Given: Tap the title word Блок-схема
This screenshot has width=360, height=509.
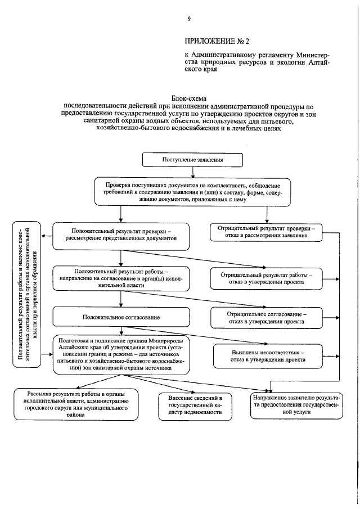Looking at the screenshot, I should tap(189, 98).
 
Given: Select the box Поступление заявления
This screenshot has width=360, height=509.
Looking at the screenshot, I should tap(193, 160).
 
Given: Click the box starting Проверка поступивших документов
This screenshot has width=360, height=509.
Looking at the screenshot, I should tap(193, 193).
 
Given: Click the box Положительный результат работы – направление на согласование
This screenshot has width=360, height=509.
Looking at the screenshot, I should tap(121, 278).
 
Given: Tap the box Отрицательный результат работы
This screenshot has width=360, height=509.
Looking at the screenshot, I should tap(267, 278).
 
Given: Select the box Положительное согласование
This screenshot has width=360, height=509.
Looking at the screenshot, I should tap(121, 317).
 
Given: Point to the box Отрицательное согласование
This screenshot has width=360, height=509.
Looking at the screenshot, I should tap(267, 317).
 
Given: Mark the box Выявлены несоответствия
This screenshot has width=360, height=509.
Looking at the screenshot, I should tap(267, 355).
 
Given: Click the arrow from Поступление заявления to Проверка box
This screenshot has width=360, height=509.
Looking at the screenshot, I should tap(193, 173).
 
